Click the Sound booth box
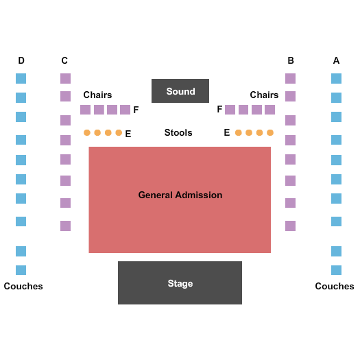180,91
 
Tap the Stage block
180,283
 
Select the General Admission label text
180,195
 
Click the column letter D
21,60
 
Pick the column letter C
64,60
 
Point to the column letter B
291,60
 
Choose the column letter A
337,60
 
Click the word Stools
178,133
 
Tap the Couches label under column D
23,287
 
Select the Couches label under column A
335,287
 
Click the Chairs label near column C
97,95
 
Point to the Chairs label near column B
264,95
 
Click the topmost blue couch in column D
21,79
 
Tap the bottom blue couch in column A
337,270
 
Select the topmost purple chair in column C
65,79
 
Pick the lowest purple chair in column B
291,226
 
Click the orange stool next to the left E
119,133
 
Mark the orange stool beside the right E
239,133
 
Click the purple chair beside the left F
125,110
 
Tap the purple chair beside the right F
230,110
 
